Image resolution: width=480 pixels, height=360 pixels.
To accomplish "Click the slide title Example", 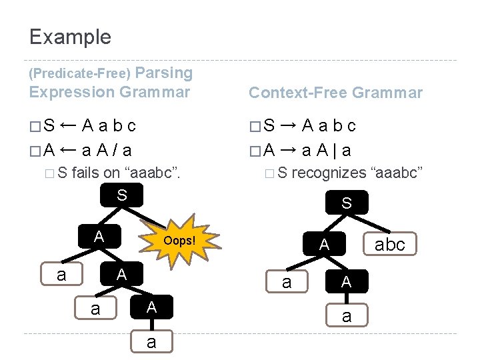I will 70,37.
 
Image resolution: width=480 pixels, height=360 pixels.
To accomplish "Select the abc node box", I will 390,245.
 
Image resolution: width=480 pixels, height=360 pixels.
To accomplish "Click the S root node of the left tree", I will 121,195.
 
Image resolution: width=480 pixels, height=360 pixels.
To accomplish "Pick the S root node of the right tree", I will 346,203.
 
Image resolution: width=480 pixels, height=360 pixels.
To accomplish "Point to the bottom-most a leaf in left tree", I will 151,341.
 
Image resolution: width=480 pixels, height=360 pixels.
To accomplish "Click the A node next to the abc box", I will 324,245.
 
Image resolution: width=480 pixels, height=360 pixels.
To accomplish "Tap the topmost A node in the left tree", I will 99,235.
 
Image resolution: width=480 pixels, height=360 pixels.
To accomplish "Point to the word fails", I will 85,173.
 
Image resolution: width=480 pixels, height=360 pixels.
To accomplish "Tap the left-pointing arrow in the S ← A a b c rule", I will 67,125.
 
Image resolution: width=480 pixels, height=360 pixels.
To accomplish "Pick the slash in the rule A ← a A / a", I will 115,149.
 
